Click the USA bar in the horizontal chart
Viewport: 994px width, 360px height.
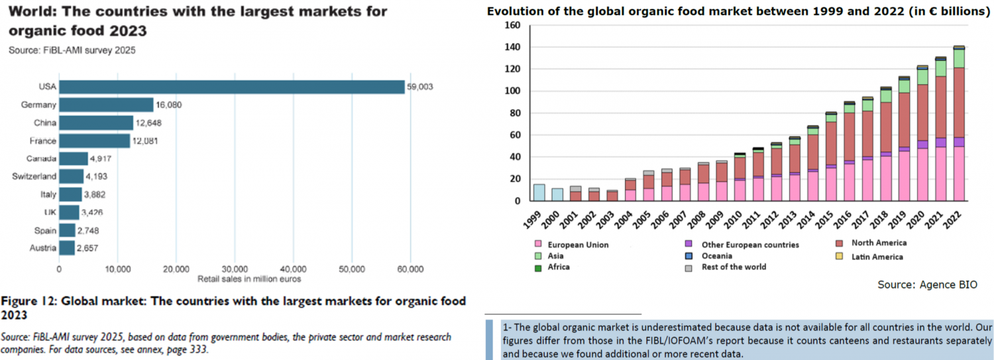click(x=232, y=87)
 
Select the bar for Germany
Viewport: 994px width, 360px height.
click(x=106, y=105)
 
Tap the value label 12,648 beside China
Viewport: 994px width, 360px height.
click(x=148, y=123)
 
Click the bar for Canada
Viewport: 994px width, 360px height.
click(x=74, y=158)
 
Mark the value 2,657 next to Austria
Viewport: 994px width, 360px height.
click(x=89, y=248)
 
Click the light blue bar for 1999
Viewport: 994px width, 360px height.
click(x=539, y=193)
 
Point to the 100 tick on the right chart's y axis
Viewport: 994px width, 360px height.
click(x=513, y=91)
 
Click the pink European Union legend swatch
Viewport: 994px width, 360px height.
click(x=537, y=245)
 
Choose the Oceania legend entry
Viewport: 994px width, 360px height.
click(x=716, y=256)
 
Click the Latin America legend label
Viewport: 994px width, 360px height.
click(x=877, y=257)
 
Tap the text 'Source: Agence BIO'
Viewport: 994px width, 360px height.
click(x=927, y=284)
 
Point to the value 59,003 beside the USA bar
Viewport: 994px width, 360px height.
click(x=419, y=87)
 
